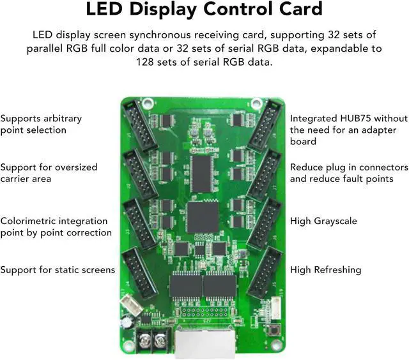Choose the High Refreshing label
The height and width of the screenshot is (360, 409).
pyautogui.click(x=325, y=270)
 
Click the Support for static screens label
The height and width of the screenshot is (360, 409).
pyautogui.click(x=58, y=270)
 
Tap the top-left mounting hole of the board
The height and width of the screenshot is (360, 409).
pyautogui.click(x=148, y=101)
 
